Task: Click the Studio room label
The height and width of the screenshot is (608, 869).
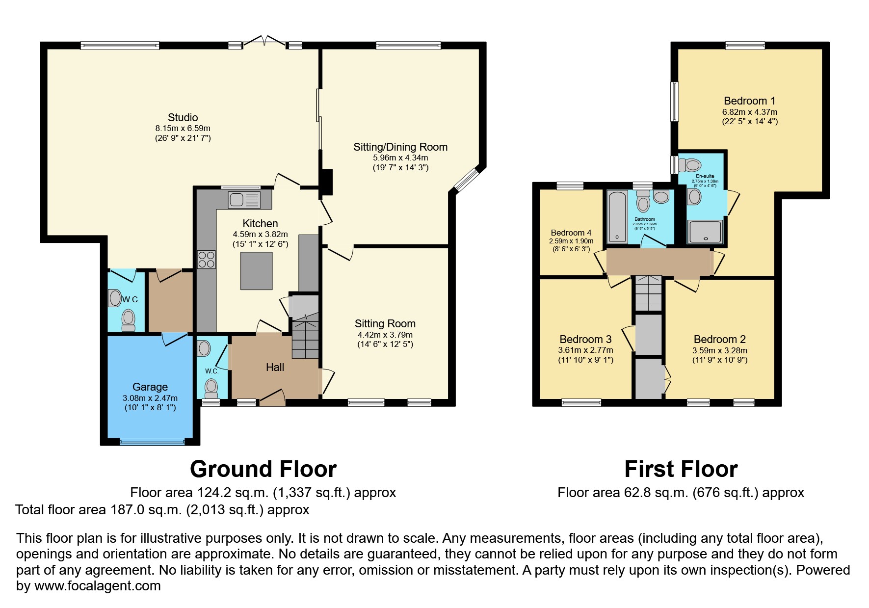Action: pos(183,117)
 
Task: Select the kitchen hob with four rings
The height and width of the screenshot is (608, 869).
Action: pos(206,259)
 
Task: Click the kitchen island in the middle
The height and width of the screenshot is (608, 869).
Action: pos(256,271)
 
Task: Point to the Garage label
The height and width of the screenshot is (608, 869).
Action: pos(150,387)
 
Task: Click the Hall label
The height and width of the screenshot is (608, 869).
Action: pos(275,367)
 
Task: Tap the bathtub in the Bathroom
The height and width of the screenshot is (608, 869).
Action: pos(617,217)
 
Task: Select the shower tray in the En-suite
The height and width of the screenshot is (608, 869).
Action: pos(706,232)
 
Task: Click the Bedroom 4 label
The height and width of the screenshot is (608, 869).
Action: pos(571,233)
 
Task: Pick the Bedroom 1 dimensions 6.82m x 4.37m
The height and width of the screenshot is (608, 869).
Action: pos(749,112)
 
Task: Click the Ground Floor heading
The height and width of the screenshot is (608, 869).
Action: pos(263,469)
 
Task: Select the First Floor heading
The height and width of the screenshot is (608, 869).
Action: pos(681,469)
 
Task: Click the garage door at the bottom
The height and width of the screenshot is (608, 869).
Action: pos(152,442)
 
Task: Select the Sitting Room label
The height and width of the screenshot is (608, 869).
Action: pos(385,323)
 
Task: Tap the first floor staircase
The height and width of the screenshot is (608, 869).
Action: pos(649,293)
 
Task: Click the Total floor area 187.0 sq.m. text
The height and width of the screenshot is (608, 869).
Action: pos(162,510)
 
